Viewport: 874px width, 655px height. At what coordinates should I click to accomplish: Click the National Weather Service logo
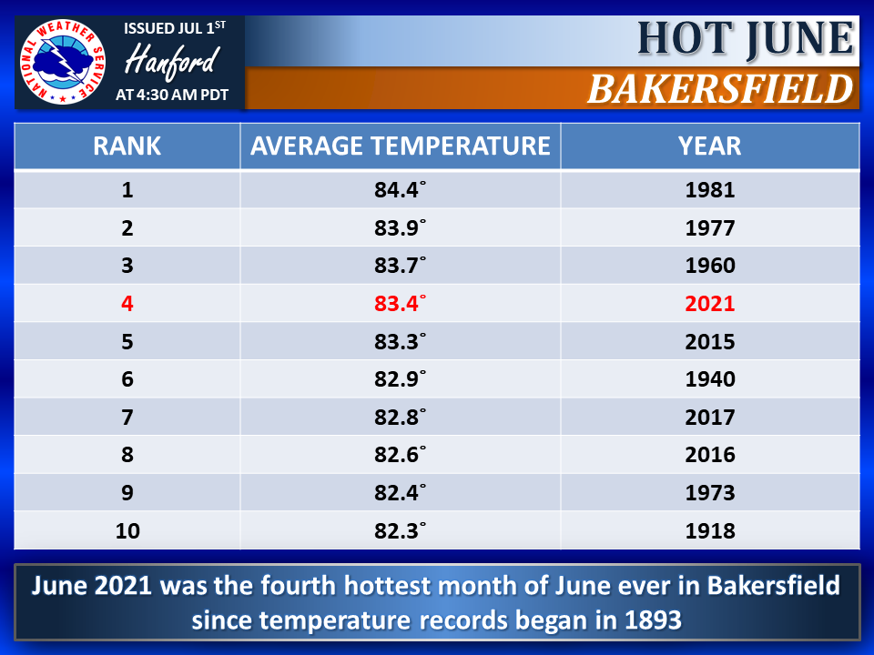click(63, 62)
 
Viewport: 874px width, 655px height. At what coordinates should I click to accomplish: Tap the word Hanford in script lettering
click(172, 61)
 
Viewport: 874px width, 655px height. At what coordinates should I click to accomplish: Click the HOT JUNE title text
click(746, 38)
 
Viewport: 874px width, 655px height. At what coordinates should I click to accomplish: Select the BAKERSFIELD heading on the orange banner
click(720, 89)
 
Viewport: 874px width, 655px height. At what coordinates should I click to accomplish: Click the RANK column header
click(127, 146)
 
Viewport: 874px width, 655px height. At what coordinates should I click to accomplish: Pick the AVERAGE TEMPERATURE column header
click(401, 146)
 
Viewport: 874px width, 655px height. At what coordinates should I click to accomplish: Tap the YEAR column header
click(709, 146)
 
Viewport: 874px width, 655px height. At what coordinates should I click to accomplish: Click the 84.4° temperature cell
click(400, 190)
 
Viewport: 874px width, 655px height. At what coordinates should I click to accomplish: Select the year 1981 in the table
click(710, 190)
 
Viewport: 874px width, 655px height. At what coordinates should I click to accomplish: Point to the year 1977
click(710, 227)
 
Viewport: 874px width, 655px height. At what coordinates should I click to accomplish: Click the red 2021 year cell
click(710, 304)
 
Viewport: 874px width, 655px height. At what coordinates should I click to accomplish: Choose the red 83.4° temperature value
click(400, 304)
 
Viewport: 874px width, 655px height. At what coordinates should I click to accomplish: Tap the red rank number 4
click(127, 304)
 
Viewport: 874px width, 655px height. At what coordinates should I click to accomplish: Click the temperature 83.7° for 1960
click(400, 265)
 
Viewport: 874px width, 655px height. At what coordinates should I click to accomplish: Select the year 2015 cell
click(710, 341)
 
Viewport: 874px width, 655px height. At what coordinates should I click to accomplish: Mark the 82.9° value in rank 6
click(400, 379)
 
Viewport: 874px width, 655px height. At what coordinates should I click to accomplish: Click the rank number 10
click(127, 530)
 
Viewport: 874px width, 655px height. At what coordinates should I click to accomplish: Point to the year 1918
click(710, 530)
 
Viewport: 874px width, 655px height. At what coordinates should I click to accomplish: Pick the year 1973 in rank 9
click(710, 493)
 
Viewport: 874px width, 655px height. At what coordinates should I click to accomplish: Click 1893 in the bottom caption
click(654, 620)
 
